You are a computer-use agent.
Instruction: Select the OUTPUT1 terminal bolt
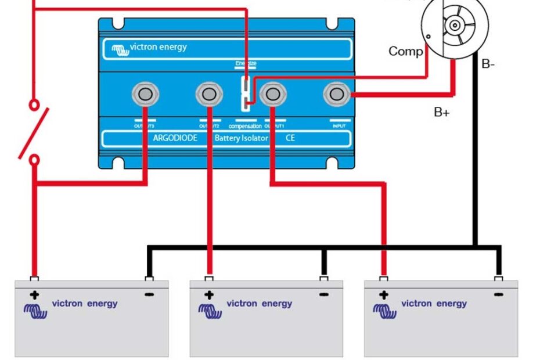271,93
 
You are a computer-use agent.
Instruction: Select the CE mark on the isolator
290,139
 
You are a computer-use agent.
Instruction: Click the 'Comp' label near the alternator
405,51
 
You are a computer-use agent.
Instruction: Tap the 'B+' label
442,113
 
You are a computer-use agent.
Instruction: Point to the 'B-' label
488,64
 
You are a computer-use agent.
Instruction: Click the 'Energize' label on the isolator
246,63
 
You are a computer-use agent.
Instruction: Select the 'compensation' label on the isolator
245,126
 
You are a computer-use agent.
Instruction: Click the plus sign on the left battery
34,295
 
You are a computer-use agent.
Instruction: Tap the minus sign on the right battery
498,295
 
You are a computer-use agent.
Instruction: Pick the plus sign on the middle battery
209,295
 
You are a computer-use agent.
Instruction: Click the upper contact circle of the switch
35,105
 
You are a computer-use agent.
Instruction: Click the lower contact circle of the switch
35,159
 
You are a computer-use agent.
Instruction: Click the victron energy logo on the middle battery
210,310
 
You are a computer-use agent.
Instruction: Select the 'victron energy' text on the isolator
158,47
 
